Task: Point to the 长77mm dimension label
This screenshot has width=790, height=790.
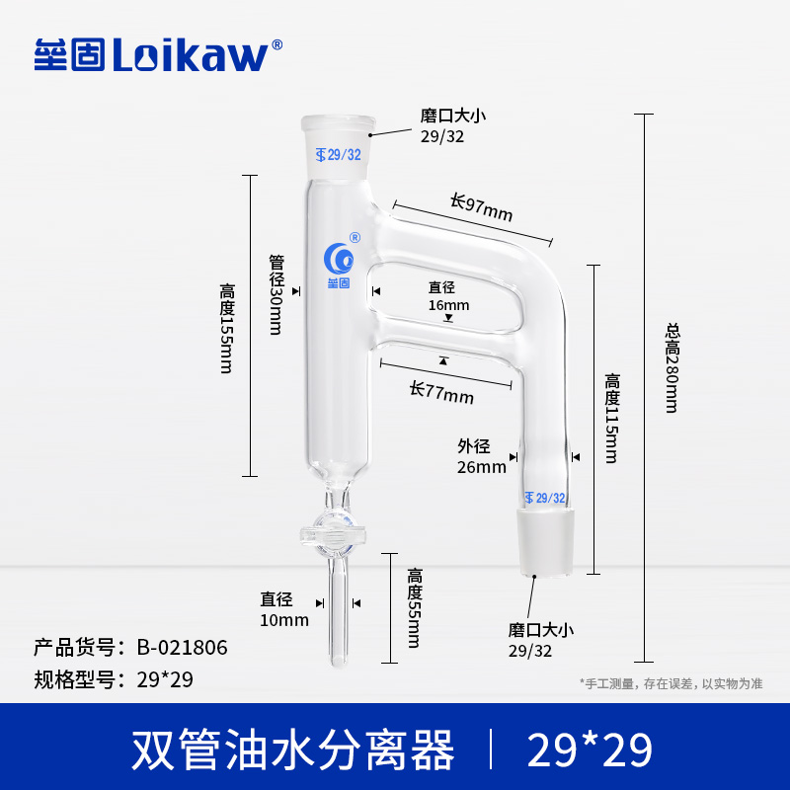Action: pyautogui.click(x=441, y=393)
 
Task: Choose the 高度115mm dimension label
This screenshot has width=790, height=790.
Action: pyautogui.click(x=612, y=417)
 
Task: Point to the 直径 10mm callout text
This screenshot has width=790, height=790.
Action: pyautogui.click(x=284, y=609)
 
